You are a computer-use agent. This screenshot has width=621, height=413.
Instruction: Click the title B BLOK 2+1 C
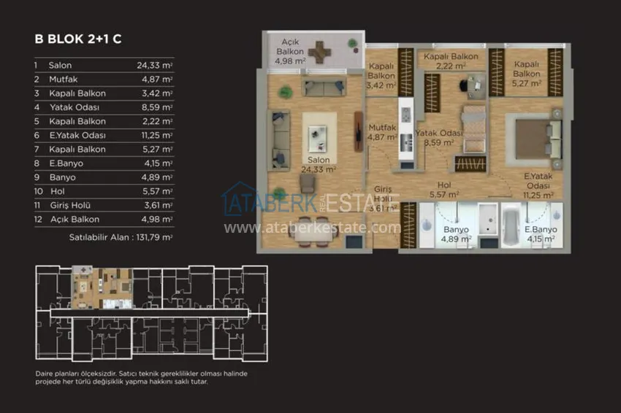tap(78, 39)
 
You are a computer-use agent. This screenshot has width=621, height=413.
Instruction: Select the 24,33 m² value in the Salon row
tap(154, 65)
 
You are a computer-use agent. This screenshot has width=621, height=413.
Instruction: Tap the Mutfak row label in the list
tap(64, 79)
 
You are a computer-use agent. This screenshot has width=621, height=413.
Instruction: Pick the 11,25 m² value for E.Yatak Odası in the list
tap(157, 135)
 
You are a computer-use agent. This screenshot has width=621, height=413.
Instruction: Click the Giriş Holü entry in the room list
tap(70, 205)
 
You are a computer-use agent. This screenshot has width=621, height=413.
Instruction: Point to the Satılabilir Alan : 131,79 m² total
tap(121, 237)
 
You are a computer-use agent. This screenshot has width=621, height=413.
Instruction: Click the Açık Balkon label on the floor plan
tap(290, 46)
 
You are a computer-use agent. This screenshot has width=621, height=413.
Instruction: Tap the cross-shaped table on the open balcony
tap(319, 52)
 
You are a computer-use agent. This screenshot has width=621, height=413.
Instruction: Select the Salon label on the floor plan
tap(319, 160)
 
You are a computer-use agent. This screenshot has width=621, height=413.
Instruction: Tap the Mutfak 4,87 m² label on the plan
tap(382, 132)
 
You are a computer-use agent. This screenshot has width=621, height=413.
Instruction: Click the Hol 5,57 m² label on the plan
tap(444, 190)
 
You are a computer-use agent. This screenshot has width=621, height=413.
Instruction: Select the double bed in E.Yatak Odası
tap(538, 139)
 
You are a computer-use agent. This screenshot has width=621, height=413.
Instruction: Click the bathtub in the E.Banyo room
tap(511, 225)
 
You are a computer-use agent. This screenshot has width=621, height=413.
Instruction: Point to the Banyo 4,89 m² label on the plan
tap(456, 234)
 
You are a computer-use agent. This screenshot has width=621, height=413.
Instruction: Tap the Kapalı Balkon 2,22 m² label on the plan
tap(451, 61)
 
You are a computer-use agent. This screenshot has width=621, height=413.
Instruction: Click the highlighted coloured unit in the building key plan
tap(102, 287)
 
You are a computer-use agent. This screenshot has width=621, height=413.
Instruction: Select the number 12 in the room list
tap(38, 219)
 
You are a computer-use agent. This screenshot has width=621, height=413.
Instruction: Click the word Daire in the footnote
tap(43, 374)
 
